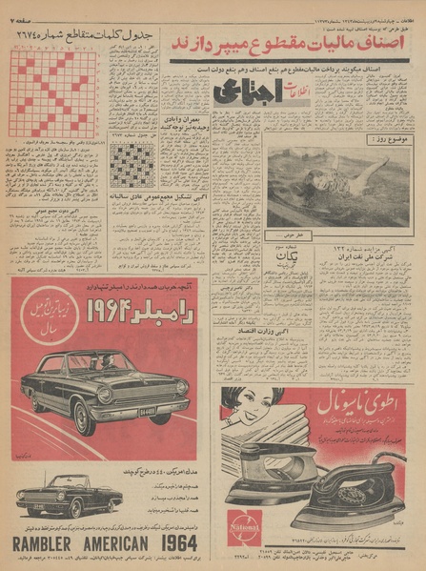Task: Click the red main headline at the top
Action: tap(292, 43)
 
